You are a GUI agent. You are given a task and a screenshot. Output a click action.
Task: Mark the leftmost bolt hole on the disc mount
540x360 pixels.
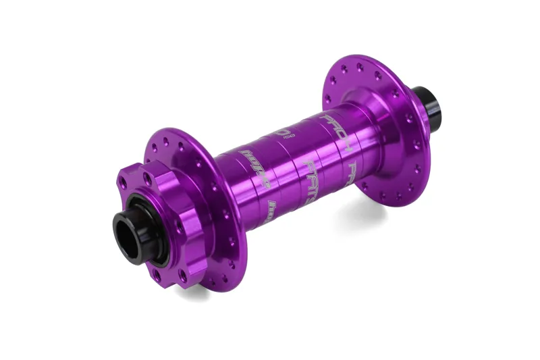click(122, 182)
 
